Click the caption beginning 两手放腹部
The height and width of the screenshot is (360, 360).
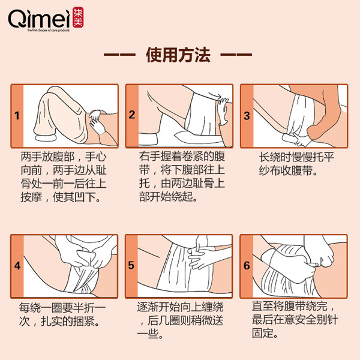[63, 176]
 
